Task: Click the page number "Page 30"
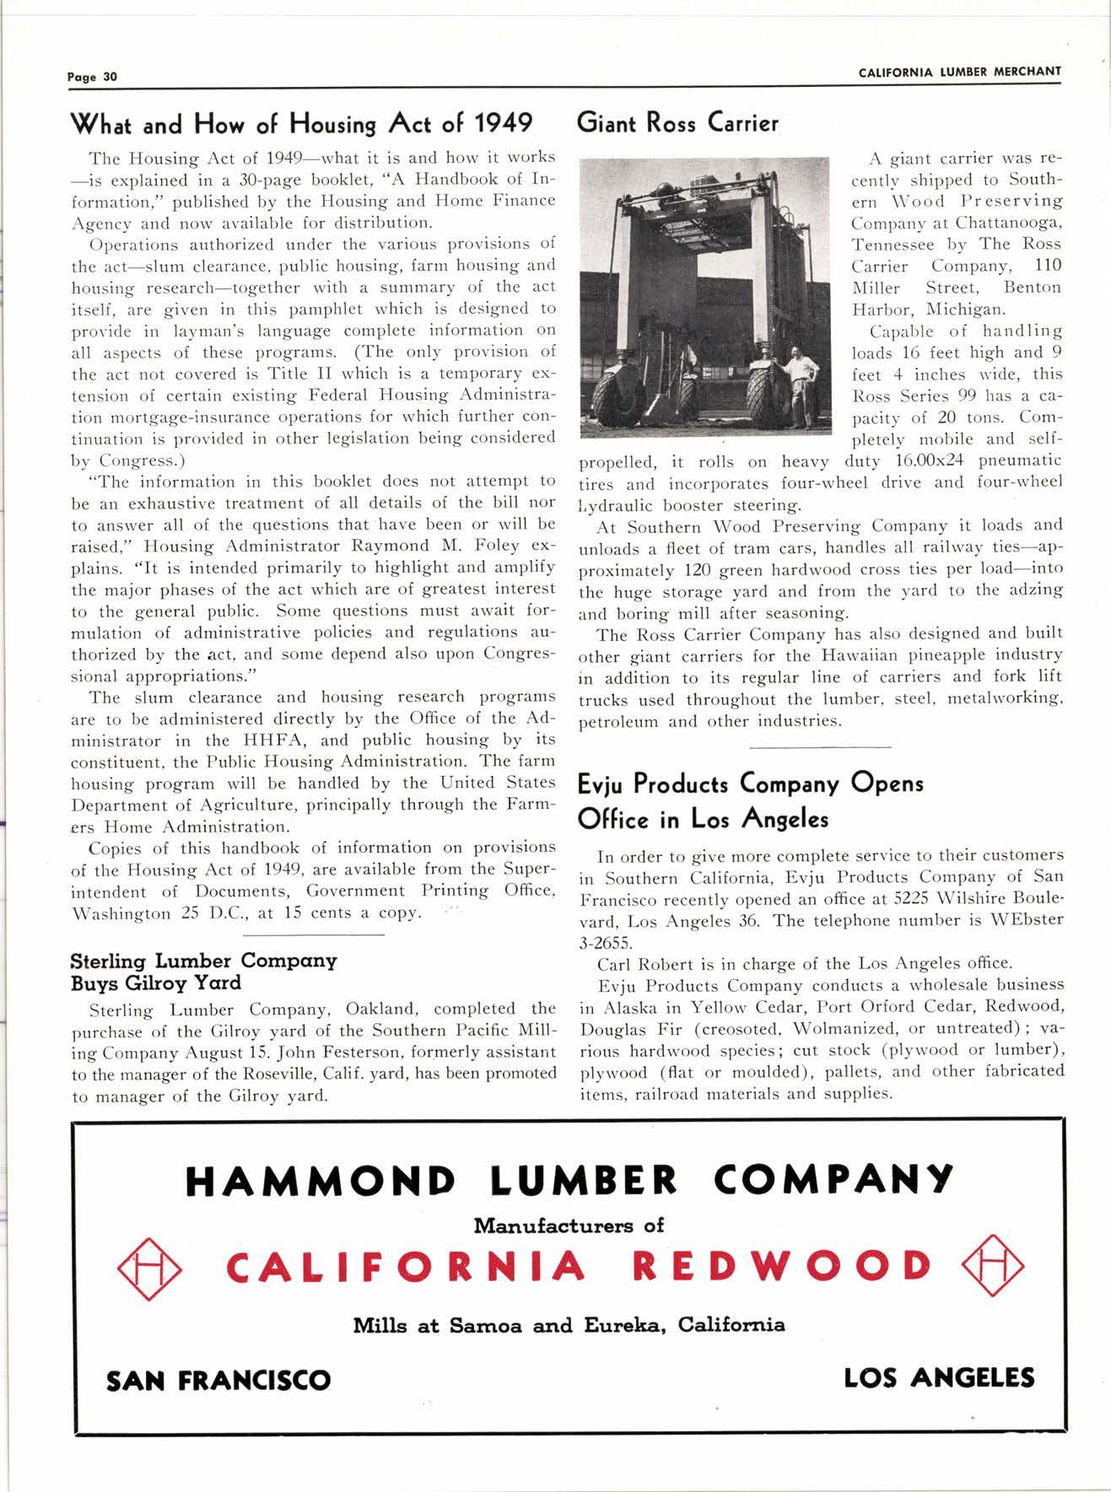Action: click(x=92, y=77)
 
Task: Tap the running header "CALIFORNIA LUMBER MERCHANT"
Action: click(x=959, y=72)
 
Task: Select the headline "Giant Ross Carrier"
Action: click(x=677, y=124)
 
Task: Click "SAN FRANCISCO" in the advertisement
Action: click(x=218, y=1381)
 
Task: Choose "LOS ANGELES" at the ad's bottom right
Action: click(x=938, y=1378)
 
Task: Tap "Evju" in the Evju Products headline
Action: click(x=603, y=784)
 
